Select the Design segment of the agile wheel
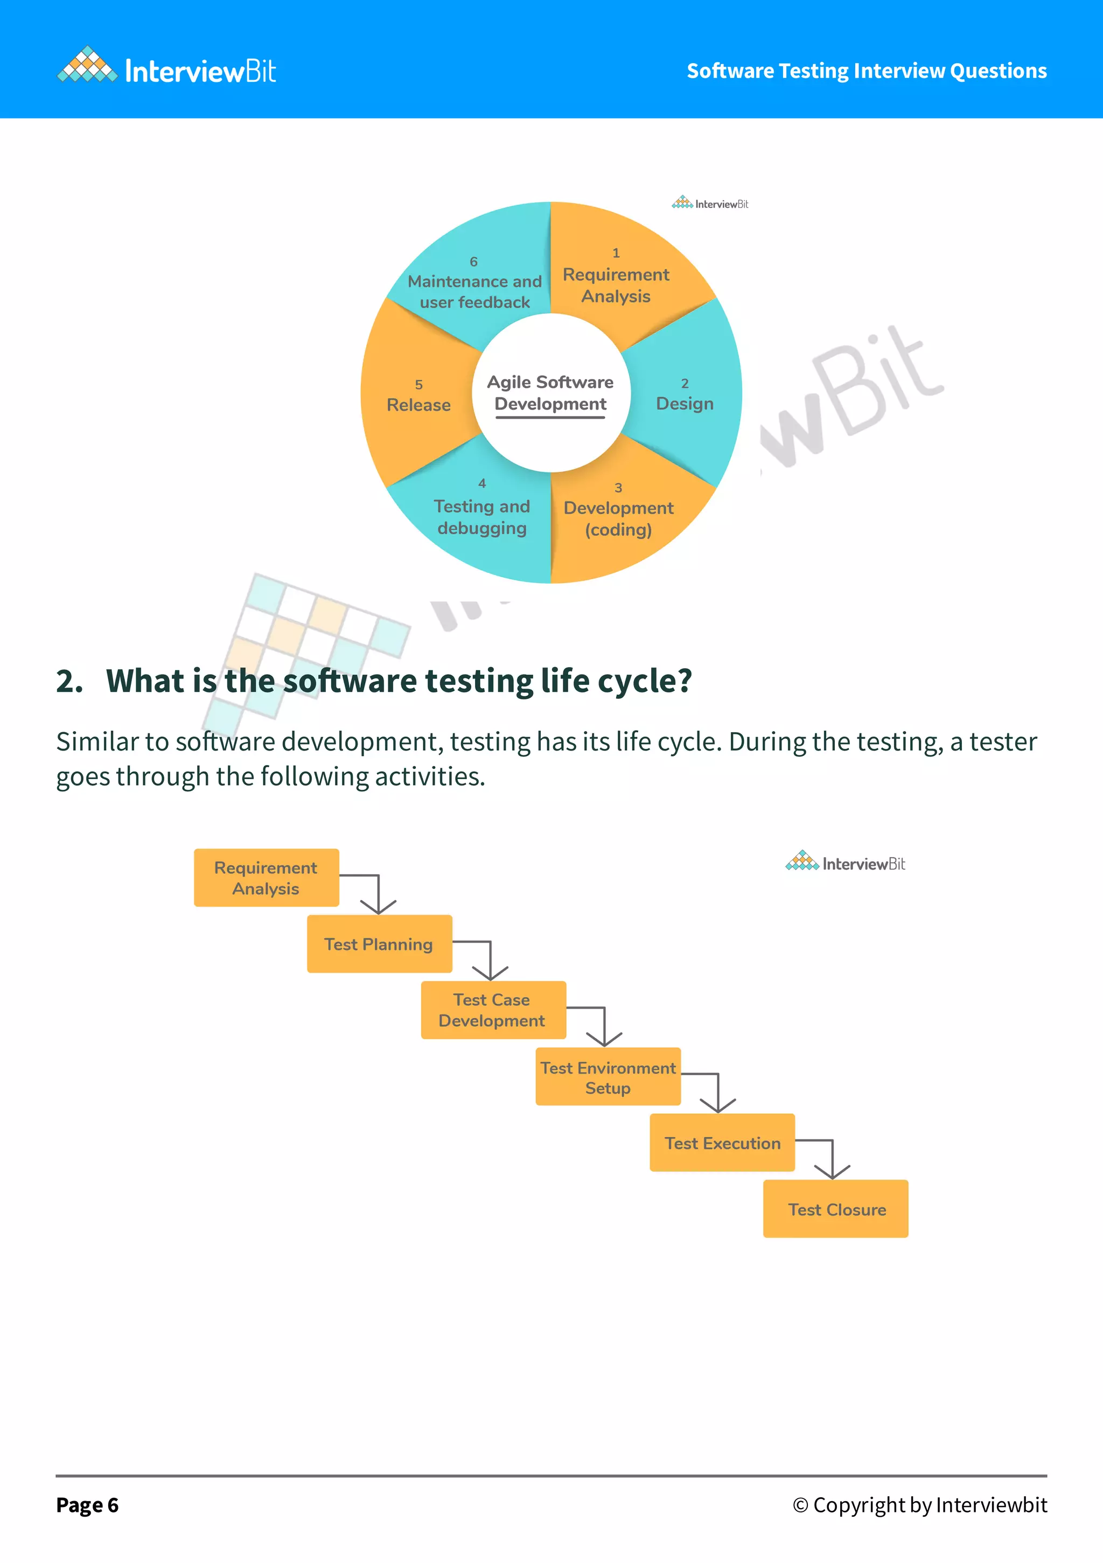(x=685, y=398)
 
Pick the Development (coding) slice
(x=618, y=517)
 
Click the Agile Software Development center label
(x=550, y=393)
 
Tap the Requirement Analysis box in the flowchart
(x=266, y=878)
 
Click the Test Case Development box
(x=493, y=1010)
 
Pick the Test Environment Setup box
(x=608, y=1076)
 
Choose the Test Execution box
(x=722, y=1143)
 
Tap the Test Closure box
(x=836, y=1209)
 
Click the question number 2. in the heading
(x=69, y=681)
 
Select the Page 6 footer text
(x=87, y=1505)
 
